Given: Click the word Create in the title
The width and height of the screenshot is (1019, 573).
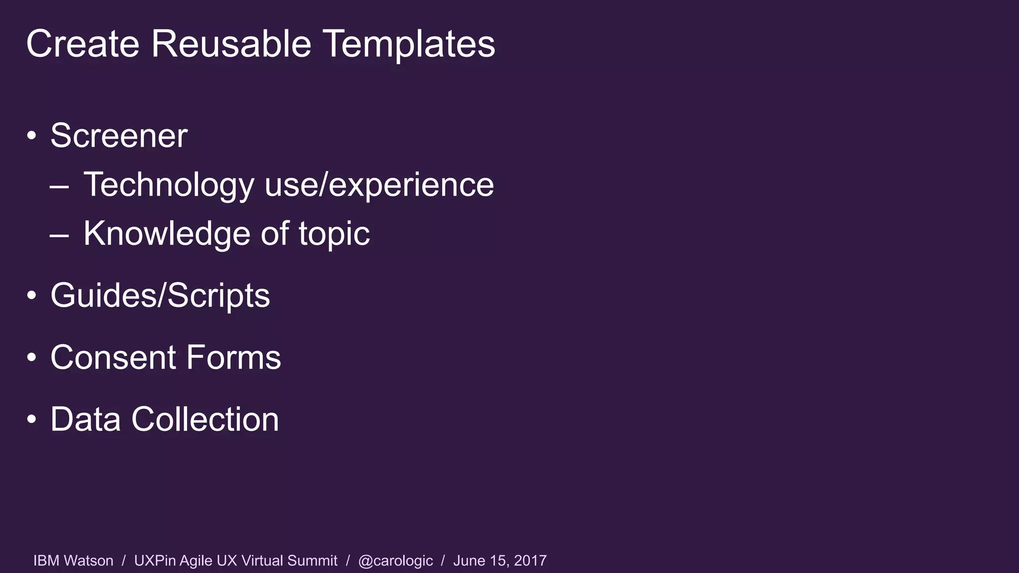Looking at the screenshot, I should (x=83, y=44).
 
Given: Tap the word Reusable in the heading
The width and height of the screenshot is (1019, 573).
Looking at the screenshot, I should (x=231, y=44).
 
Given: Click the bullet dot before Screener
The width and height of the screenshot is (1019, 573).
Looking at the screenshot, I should (x=32, y=136).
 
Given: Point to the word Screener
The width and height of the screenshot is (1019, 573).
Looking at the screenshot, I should (x=119, y=136).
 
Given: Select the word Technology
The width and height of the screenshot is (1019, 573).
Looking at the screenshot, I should (x=169, y=185).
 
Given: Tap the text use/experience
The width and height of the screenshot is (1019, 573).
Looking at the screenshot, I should (x=379, y=185).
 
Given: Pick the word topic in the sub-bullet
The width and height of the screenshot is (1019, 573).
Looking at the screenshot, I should (x=334, y=234).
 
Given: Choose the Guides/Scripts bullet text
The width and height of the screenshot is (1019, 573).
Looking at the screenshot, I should (x=160, y=296).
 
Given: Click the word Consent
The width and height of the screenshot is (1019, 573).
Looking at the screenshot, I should (x=113, y=358).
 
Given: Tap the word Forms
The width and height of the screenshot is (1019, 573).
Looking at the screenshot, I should (x=234, y=358).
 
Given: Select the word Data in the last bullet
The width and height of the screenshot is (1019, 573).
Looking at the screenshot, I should (x=86, y=419).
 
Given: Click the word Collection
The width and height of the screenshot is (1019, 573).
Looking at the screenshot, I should (x=204, y=419).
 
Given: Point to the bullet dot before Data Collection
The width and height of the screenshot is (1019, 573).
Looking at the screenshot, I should (x=32, y=419).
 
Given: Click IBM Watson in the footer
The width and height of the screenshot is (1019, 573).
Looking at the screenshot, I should (x=73, y=561).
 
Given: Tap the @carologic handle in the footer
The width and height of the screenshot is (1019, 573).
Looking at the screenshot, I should (x=395, y=561).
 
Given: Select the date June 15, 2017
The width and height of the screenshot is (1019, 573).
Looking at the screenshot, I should (x=500, y=561).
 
